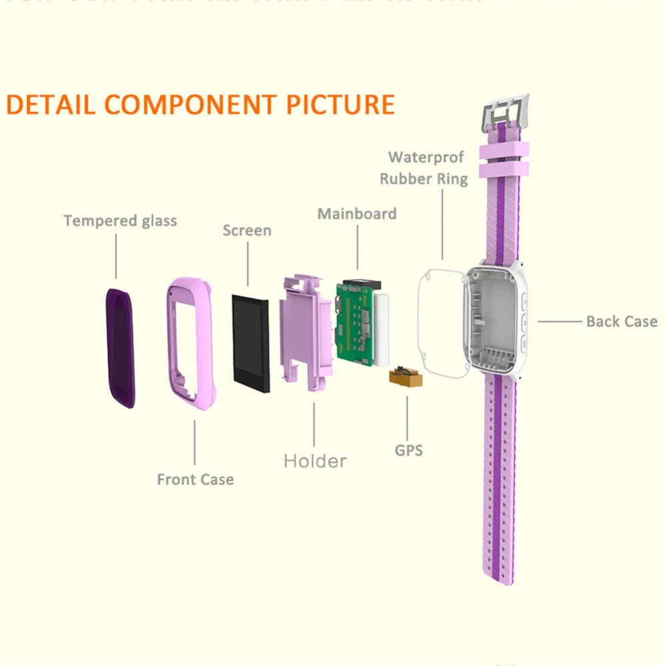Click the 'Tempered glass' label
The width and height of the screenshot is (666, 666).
[x=121, y=220]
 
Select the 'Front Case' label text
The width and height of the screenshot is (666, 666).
[x=195, y=479]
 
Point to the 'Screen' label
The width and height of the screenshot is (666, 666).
[x=247, y=230]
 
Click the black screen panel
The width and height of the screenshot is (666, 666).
[x=250, y=343]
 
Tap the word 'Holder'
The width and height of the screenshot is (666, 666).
[x=315, y=460]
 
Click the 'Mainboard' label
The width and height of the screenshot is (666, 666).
[x=356, y=214]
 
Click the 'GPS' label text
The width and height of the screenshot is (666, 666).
[x=409, y=450]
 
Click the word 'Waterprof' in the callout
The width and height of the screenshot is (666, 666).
[x=426, y=157]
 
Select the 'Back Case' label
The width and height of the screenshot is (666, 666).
[x=621, y=321]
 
